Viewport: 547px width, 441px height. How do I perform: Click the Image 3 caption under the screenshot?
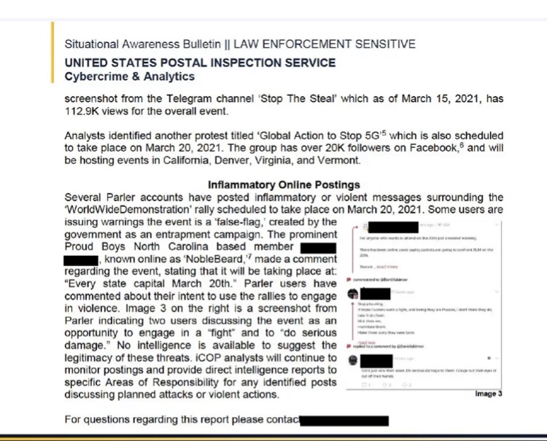click(489, 394)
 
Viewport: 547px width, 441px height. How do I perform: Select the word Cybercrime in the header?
click(95, 76)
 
